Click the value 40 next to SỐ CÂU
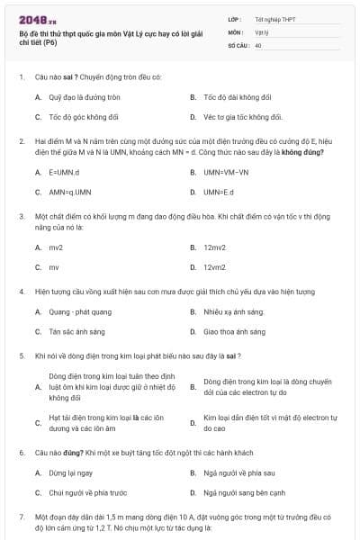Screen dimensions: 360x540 [x=258, y=44]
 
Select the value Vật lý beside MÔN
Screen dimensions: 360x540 [x=262, y=31]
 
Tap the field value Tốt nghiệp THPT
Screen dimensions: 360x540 [x=274, y=19]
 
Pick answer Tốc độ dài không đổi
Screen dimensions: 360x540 [x=230, y=96]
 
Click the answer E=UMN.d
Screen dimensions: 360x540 [x=65, y=171]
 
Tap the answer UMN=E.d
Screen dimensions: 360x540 [x=219, y=192]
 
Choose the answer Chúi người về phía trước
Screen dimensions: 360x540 [x=87, y=493]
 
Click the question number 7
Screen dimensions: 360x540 [x=21, y=517]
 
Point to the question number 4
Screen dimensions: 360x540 [x=21, y=292]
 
